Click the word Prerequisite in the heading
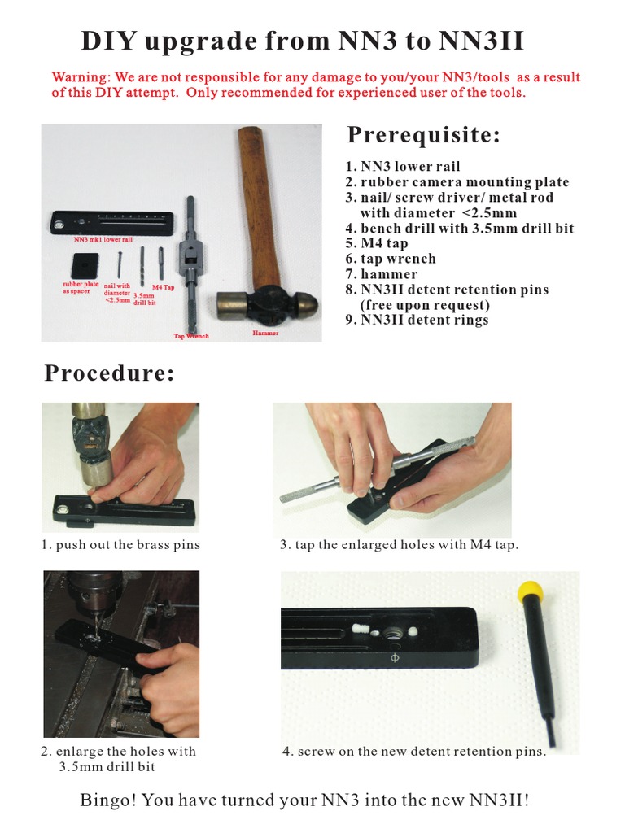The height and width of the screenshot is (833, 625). [423, 136]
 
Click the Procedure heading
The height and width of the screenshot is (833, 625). [110, 373]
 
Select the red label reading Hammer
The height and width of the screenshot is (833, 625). [265, 333]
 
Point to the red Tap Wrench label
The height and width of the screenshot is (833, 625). [191, 336]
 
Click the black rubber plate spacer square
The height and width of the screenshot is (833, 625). [85, 265]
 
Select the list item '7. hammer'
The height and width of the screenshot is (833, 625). [381, 274]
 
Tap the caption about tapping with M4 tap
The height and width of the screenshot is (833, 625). [399, 545]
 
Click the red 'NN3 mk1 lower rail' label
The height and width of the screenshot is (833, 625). [103, 240]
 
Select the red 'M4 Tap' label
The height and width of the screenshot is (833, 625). [163, 287]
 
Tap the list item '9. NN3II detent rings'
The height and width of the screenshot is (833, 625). [417, 321]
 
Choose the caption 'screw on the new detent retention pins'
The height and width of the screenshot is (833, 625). [414, 752]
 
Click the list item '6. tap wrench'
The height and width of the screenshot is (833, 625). [391, 259]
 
